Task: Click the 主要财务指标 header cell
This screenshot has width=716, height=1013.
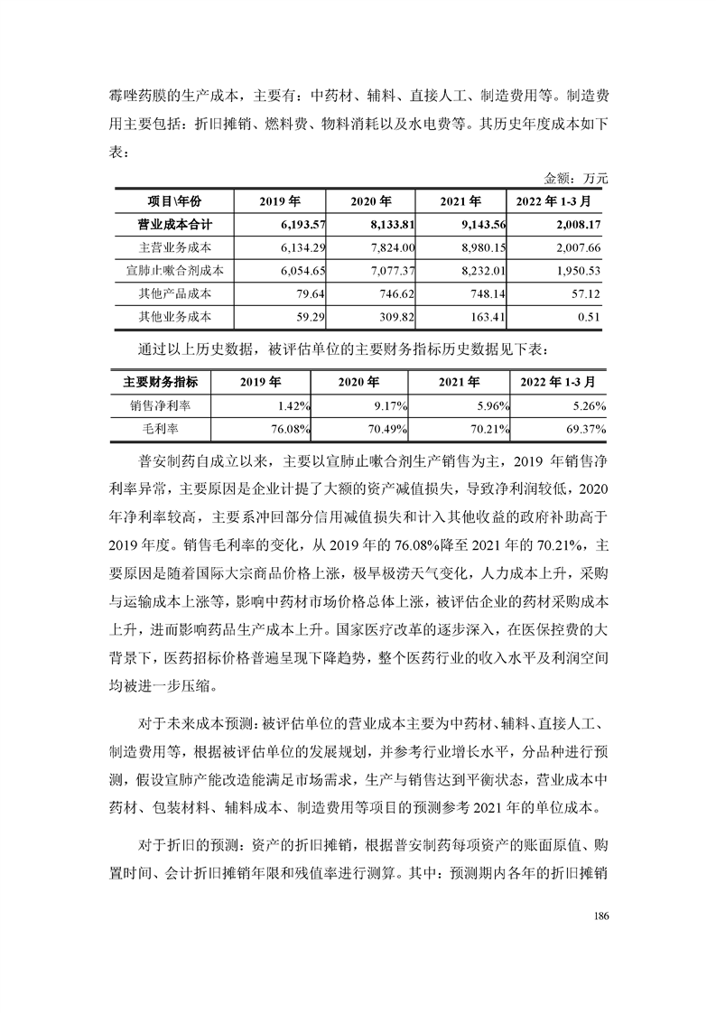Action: point(160,383)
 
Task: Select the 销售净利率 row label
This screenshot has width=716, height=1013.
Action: point(160,406)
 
